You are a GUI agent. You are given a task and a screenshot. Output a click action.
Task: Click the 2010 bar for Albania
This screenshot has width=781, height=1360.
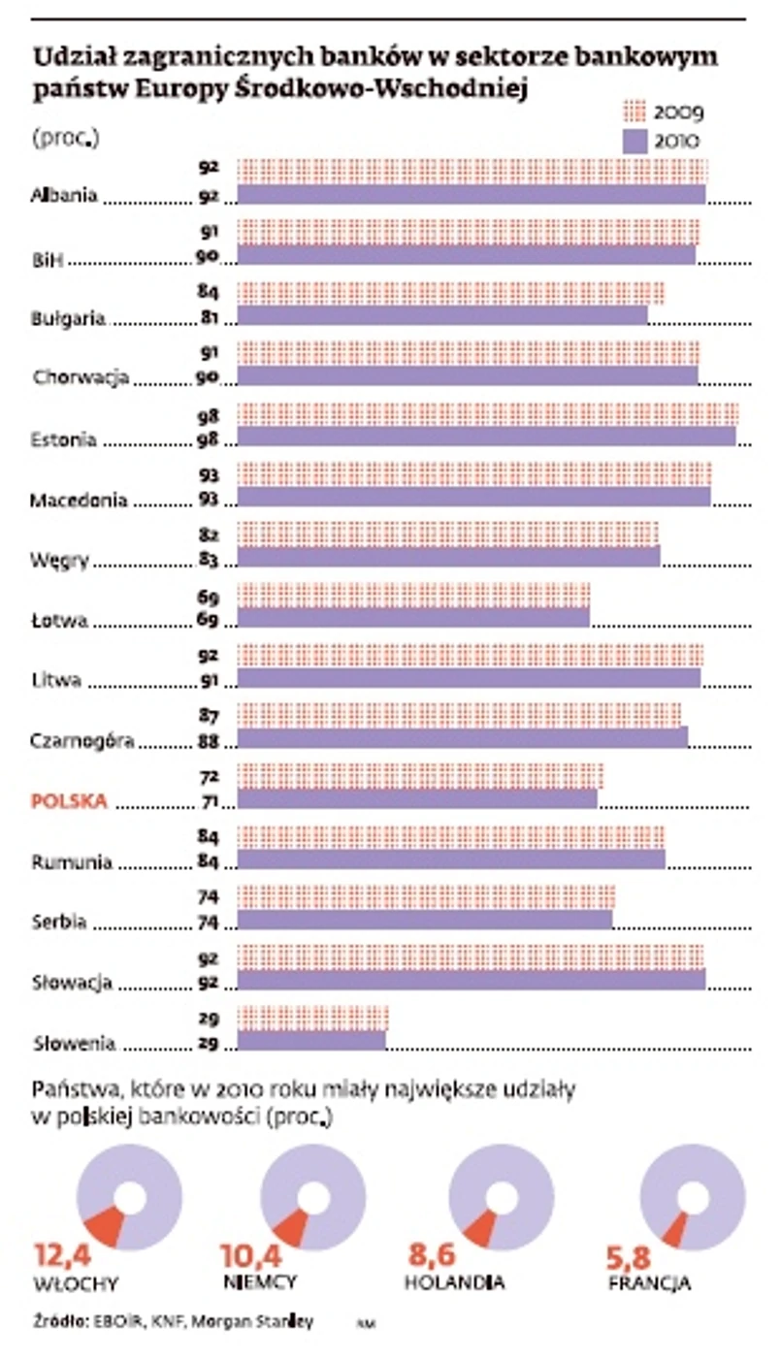471,194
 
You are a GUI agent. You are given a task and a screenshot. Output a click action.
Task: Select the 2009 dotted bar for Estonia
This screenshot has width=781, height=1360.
487,413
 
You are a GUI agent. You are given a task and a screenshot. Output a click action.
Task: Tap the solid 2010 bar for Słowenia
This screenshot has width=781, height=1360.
311,1041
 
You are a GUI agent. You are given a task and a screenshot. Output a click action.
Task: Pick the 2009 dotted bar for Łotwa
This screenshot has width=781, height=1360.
413,594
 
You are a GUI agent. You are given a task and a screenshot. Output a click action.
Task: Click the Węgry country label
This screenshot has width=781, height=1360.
61,560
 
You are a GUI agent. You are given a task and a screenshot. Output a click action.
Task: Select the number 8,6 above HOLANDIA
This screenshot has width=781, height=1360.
432,1256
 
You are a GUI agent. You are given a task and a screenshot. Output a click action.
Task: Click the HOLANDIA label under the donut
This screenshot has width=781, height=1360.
454,1282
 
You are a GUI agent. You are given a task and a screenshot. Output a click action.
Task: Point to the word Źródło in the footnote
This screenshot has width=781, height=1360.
57,1320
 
